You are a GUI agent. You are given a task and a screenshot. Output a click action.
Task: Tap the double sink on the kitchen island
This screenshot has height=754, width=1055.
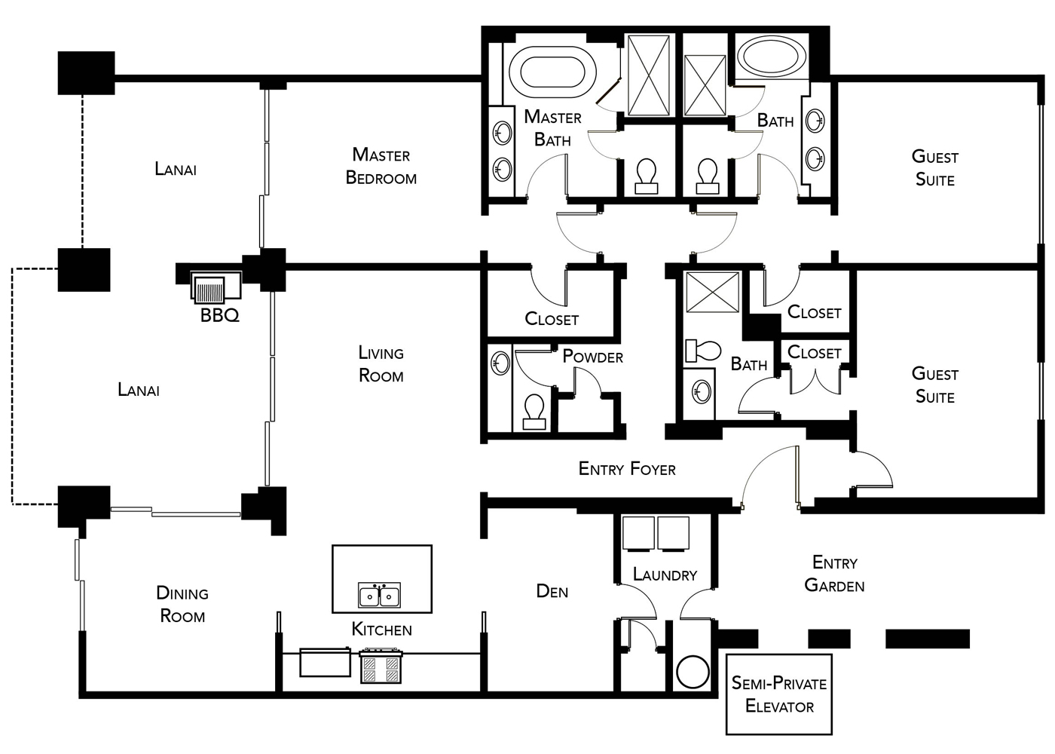tap(379, 596)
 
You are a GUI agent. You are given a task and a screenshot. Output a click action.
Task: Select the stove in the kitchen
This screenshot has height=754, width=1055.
tap(380, 667)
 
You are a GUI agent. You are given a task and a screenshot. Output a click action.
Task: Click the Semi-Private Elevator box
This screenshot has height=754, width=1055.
tap(778, 694)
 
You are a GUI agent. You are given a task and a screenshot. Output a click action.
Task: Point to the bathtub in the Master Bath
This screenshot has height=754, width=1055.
tap(552, 72)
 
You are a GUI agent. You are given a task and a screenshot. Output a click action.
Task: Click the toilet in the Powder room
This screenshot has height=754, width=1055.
tap(534, 411)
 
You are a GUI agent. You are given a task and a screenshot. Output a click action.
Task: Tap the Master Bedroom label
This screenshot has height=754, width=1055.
tap(381, 167)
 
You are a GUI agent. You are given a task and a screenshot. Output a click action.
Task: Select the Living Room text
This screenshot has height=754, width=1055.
tap(381, 364)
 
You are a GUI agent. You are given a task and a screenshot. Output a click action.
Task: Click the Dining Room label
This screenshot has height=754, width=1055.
tap(182, 605)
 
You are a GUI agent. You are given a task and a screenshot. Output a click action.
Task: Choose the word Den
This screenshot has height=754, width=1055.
tap(552, 592)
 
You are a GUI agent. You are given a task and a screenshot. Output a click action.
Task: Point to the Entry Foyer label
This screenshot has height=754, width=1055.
tap(627, 469)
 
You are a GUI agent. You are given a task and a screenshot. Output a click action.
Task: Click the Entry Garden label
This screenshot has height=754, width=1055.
tap(834, 574)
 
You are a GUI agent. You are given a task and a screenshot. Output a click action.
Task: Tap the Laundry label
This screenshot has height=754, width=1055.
tap(665, 575)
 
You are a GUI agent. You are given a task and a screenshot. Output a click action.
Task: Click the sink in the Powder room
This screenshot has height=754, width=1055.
tap(500, 364)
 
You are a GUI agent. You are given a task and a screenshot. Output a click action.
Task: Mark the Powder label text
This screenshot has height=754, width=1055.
tap(592, 357)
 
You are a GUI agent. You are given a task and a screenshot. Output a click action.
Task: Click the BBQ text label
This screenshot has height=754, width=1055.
tap(219, 316)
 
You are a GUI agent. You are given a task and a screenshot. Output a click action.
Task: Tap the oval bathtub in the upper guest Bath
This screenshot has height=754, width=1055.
tap(771, 56)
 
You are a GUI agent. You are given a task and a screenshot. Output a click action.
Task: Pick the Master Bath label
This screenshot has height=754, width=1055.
tap(552, 128)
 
